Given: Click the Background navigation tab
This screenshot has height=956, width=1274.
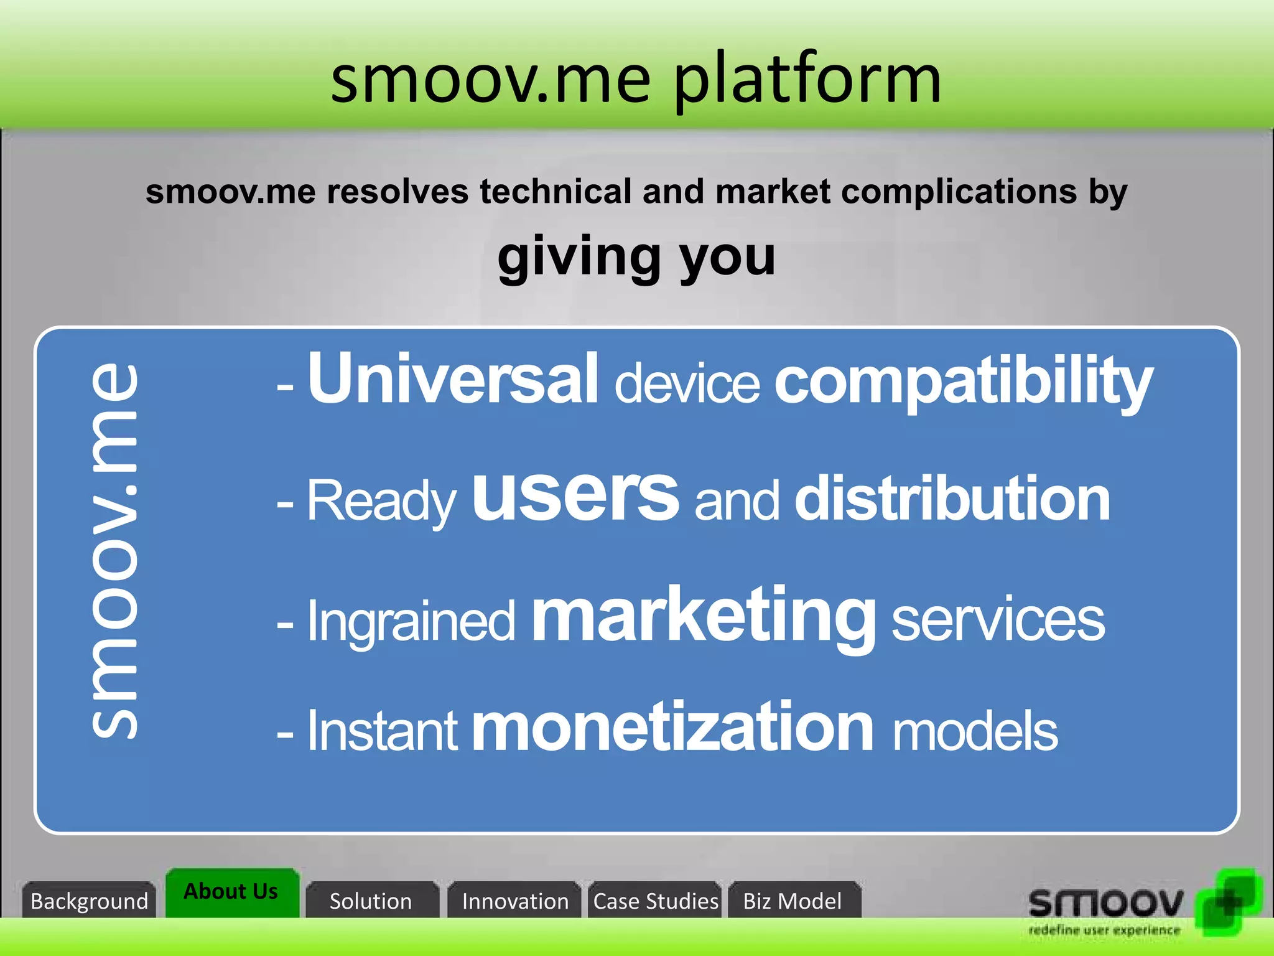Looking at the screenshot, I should point(89,900).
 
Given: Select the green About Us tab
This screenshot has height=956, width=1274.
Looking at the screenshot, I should point(231,891).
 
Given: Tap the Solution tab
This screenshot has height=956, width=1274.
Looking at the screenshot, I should point(371,901).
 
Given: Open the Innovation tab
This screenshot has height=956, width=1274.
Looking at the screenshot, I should point(515,901).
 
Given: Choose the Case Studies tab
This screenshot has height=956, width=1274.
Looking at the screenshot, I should point(655,901).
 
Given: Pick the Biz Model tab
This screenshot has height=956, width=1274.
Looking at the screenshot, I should point(793,901).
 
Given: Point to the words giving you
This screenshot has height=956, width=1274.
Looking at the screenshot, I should point(636,256).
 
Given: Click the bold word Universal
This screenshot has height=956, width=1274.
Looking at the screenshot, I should point(453,378).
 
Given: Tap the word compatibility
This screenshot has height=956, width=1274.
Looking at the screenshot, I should point(963,381).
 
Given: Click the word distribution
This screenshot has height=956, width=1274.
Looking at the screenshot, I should point(952,499).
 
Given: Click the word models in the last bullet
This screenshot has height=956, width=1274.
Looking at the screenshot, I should point(975,732).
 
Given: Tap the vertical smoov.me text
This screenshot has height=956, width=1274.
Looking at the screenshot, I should point(114,551).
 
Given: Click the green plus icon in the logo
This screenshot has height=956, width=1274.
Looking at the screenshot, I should point(1229,901).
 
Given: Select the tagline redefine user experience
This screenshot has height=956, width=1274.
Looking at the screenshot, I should point(1104,930).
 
